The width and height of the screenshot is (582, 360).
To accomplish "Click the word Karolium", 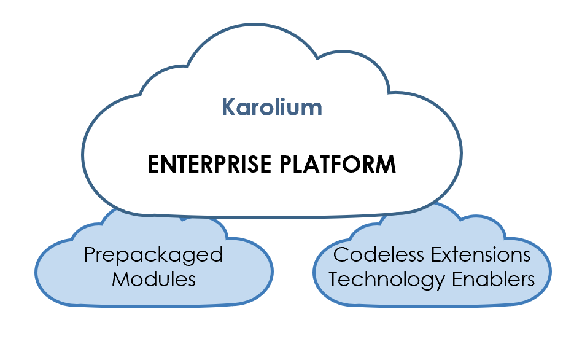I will (271, 108).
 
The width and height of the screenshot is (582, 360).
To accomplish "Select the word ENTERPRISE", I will (209, 165).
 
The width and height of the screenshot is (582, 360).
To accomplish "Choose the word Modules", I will (153, 280).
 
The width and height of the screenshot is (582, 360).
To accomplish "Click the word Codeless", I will (374, 254).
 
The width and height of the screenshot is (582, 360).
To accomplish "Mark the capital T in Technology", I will (334, 279).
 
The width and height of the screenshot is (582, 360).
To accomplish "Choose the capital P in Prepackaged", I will (90, 254).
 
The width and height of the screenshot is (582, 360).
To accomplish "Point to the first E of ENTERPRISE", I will (154, 165).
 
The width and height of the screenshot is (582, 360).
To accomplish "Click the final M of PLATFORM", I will (386, 165).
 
